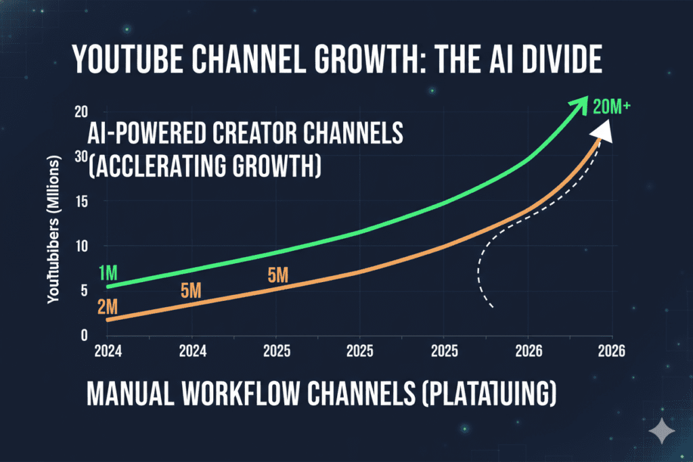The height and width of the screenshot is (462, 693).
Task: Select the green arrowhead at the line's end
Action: tap(578, 108)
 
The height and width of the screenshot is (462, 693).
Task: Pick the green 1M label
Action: tap(108, 273)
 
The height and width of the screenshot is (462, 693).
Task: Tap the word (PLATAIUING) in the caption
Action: tap(485, 394)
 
